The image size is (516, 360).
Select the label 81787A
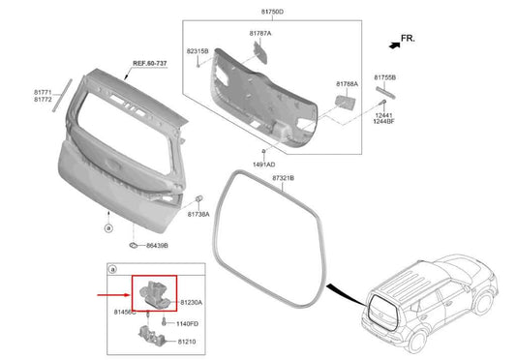point(260,33)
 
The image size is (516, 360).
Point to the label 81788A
point(348,84)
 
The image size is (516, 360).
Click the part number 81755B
point(385,75)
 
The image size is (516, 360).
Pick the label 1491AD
point(262,165)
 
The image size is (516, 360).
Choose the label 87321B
point(283,179)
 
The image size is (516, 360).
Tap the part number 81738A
point(197,214)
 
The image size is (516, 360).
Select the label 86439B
point(162,247)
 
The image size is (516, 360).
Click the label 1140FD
point(187,323)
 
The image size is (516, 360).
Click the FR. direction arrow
point(398,39)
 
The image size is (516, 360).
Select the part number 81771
point(43,91)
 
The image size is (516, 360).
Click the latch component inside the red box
point(155,293)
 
